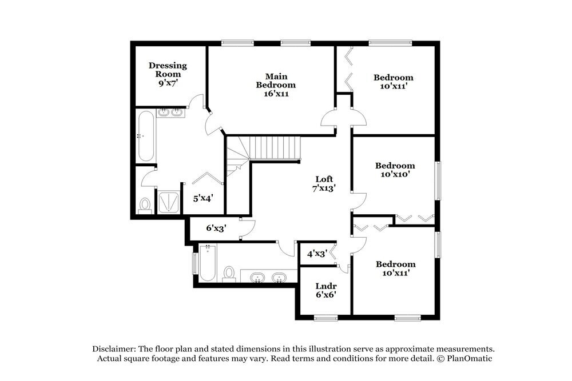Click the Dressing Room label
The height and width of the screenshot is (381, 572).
tap(168, 74)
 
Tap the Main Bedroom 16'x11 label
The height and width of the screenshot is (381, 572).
tap(276, 85)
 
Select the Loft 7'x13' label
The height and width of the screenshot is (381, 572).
tap(324, 183)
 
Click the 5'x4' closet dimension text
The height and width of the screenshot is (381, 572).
tap(202, 198)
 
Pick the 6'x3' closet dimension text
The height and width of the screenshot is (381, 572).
tap(216, 228)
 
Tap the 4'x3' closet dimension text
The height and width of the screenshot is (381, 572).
tap(316, 254)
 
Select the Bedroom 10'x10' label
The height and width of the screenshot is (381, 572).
tap(395, 170)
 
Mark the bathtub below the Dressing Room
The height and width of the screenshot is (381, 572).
tap(145, 136)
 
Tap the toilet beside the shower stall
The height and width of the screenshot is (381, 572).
tap(145, 204)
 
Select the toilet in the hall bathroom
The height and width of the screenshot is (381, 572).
tap(229, 272)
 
